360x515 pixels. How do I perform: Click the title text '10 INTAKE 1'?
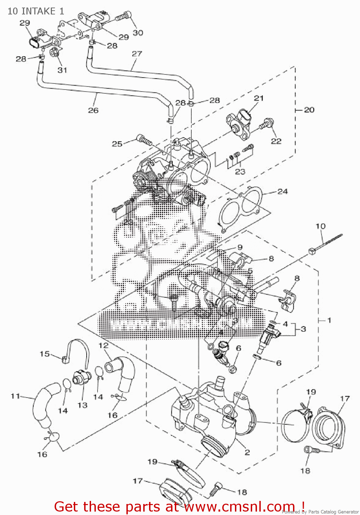point(36,11)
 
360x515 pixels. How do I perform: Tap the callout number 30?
point(138,33)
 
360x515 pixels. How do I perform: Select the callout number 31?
point(62,70)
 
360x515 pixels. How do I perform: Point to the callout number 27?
point(137,54)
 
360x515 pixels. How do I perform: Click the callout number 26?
point(93,110)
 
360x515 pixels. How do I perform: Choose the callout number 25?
point(117,144)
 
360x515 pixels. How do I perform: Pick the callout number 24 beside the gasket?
point(282,191)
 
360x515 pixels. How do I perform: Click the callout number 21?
point(259,98)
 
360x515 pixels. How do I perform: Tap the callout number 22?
point(276,141)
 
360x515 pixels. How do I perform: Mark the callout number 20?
point(309,110)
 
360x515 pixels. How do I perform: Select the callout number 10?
point(320,226)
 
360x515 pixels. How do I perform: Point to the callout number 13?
point(82,405)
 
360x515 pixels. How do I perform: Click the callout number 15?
point(45,354)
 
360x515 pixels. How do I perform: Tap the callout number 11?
point(15,396)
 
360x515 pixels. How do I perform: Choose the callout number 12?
point(103,345)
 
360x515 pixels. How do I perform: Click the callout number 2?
point(247,452)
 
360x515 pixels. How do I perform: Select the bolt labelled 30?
point(123,16)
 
